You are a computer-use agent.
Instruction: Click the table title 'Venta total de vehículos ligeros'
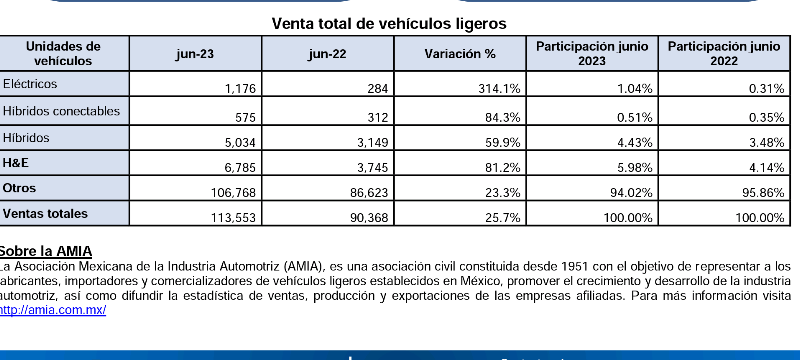coord(389,24)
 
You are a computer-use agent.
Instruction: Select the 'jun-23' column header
coord(195,54)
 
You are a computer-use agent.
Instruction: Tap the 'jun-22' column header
coord(327,54)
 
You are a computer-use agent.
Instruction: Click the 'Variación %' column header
coord(460,54)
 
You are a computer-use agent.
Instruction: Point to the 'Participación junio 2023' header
coord(592,54)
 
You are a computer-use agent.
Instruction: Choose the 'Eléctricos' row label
coord(30,84)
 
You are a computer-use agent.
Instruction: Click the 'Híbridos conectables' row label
coord(61,111)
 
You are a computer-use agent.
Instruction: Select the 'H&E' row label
coord(16,163)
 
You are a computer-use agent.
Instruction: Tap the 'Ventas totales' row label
coord(45,214)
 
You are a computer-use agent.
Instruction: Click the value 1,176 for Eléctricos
coord(240,89)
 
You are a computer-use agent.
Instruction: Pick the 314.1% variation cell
coord(499,89)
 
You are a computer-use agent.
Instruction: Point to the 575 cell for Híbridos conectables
coord(245,117)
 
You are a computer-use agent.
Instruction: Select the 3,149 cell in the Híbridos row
coord(372,143)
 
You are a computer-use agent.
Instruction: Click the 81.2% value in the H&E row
coord(502,168)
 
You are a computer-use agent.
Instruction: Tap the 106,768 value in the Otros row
coord(233,193)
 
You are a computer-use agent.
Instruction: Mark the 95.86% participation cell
coord(763,193)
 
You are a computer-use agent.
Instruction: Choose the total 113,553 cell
coord(233,218)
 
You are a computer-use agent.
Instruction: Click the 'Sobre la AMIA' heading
coord(46,251)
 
